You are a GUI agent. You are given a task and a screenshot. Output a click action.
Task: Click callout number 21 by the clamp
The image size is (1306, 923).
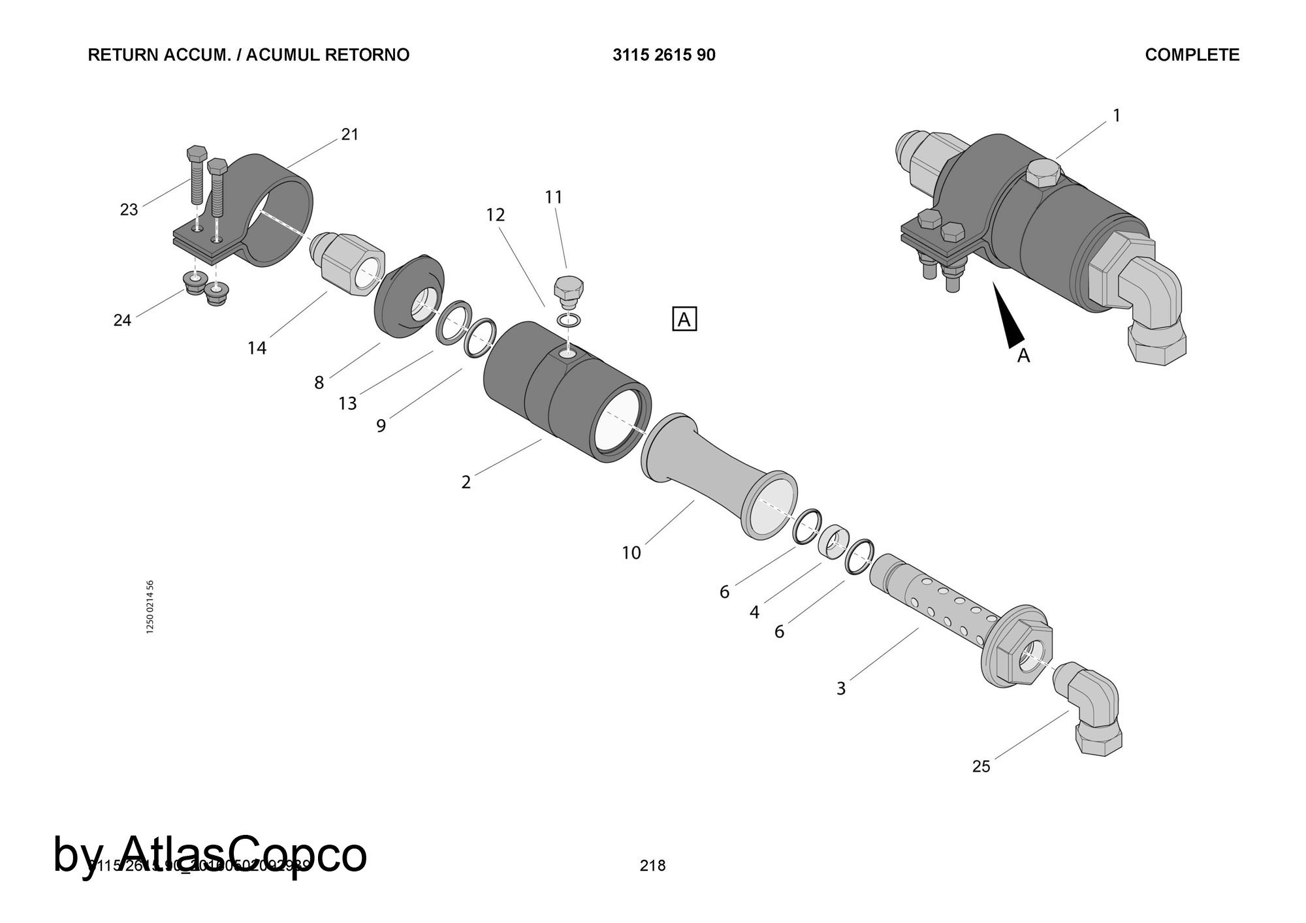350,134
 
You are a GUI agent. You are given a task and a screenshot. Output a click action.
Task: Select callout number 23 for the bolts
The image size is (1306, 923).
129,210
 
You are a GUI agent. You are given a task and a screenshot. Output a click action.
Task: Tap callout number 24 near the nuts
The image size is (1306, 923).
122,320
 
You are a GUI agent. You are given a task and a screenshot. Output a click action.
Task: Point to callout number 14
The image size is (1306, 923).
257,349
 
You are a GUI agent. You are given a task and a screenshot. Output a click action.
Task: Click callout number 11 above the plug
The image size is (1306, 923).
554,197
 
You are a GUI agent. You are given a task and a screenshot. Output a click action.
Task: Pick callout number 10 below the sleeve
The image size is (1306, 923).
631,554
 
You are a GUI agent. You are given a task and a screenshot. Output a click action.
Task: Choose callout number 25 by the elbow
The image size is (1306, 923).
981,766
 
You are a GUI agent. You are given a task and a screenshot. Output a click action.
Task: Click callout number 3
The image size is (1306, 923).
841,689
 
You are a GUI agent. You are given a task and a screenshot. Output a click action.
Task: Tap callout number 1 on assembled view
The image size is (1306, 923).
1117,116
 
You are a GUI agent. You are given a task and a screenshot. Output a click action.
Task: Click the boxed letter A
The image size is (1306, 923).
684,320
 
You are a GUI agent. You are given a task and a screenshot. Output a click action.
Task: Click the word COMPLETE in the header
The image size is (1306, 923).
1192,55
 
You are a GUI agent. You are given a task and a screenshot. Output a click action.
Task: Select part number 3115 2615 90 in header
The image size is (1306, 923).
663,55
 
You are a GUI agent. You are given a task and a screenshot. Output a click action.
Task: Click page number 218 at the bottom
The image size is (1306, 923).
652,866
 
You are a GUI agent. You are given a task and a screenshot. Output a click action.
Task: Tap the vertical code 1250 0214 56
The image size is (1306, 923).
150,606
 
